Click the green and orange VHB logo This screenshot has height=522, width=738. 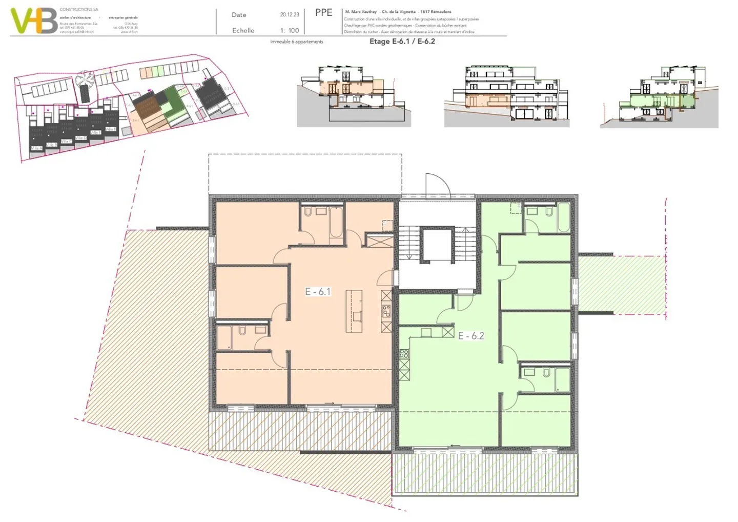tap(34, 21)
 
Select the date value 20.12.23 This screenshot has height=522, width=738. tap(290, 15)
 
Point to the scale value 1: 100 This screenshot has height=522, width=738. tap(290, 30)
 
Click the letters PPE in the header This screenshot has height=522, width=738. tap(323, 13)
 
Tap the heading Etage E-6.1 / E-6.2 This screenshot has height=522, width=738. tap(402, 42)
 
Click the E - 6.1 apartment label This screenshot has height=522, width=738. tap(318, 292)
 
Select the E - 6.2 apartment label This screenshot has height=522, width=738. tap(470, 336)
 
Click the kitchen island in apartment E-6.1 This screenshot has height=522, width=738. tap(354, 307)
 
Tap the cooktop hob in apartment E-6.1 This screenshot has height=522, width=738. tap(386, 310)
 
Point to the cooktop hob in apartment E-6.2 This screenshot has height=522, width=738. tap(404, 353)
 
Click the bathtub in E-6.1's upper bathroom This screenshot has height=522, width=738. tap(336, 222)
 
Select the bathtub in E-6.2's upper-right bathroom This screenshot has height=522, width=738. tap(563, 217)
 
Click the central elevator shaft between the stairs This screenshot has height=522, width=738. tap(436, 246)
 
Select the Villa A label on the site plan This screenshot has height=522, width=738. tap(36, 148)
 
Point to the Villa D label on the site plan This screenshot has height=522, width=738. tap(80, 138)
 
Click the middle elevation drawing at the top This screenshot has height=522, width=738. tap(506, 96)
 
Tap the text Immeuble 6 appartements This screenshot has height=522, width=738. tap(297, 42)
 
